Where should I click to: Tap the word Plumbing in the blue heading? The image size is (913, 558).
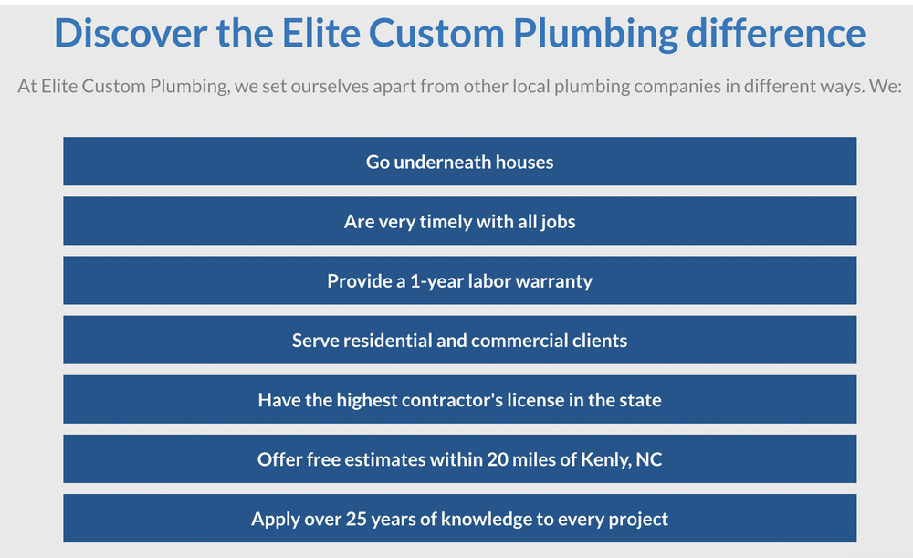pos(594,34)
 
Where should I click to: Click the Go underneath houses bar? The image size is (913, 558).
pos(459,163)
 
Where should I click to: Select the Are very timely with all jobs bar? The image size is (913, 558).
pos(459,222)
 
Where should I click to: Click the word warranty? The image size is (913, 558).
pos(553,281)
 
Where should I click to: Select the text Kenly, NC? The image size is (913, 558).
pos(622,459)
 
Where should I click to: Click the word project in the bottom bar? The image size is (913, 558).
pos(636,519)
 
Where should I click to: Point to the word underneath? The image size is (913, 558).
pos(442,163)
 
